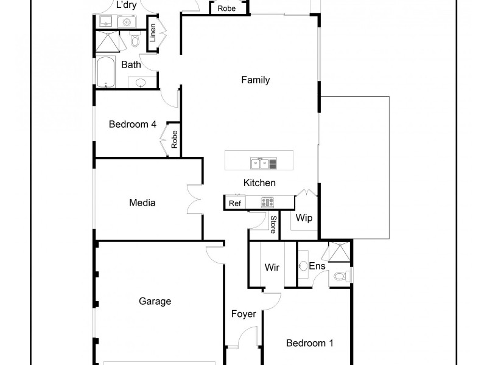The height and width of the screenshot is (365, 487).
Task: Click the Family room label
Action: coord(255,80)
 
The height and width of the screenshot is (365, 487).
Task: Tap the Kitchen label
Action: coord(259,182)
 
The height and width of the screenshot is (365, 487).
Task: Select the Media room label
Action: coord(142,203)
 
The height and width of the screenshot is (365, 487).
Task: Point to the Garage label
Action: coord(155,301)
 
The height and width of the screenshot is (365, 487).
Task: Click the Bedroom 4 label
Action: coord(133,124)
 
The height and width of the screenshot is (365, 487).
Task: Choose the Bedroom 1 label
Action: coord(310,343)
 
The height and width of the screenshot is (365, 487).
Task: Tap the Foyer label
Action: coord(243,314)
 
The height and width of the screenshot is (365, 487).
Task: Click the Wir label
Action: coord(272,267)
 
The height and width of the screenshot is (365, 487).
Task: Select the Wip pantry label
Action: coord(304,218)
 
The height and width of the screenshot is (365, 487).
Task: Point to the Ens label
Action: coord(317,266)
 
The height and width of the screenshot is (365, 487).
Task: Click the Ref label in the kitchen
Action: coord(234,203)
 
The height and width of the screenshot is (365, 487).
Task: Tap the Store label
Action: coord(273,224)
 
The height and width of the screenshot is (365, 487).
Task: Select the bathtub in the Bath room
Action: coord(105,72)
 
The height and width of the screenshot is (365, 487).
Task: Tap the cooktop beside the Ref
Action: coord(268,203)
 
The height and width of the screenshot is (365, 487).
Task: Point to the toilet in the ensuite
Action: coord(340,277)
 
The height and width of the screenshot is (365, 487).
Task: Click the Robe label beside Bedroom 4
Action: coord(174,139)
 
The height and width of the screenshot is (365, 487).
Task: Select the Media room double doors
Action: coord(194,199)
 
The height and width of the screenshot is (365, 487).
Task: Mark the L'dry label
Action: coord(125,5)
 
